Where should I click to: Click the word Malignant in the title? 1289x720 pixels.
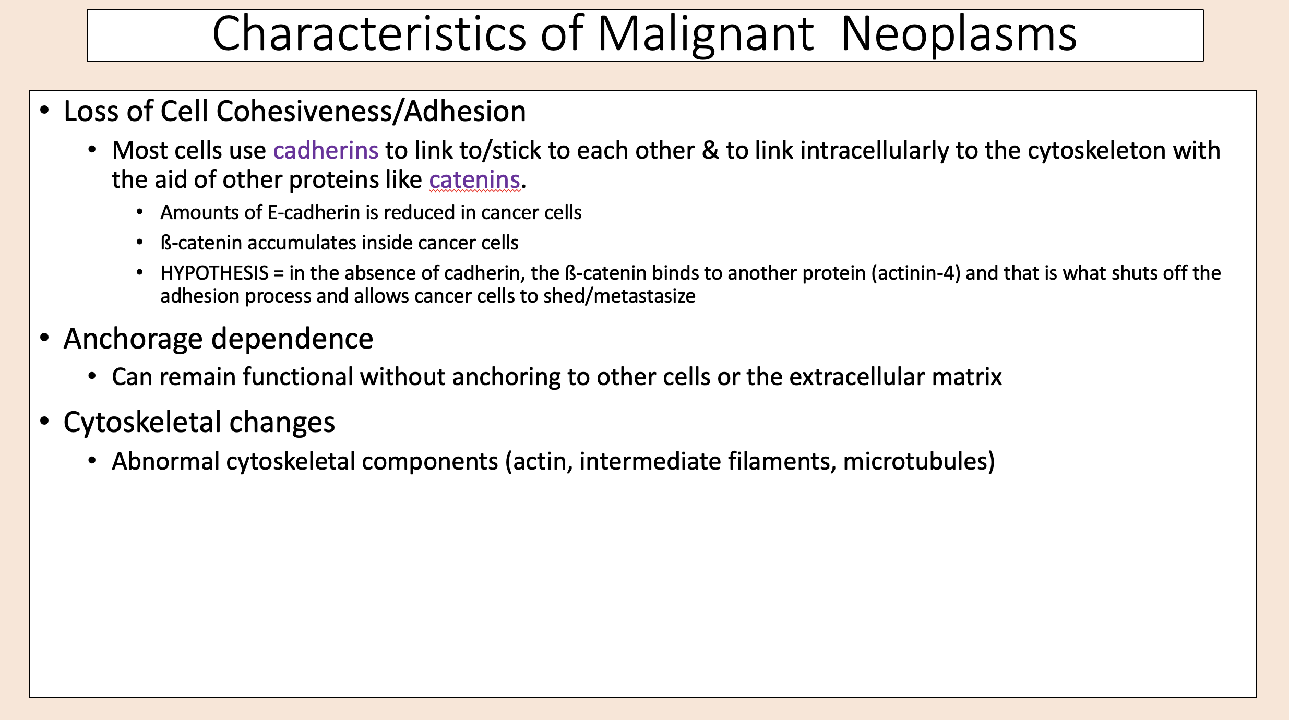[x=706, y=35]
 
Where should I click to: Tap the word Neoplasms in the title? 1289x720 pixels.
[x=959, y=34]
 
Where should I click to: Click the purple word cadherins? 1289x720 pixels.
[x=326, y=150]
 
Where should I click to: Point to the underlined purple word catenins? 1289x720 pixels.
[x=474, y=180]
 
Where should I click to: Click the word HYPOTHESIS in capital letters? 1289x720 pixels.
[x=214, y=273]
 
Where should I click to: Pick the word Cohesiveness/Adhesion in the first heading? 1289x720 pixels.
[x=371, y=111]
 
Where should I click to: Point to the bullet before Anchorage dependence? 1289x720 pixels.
[x=45, y=338]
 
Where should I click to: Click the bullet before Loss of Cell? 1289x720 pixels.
[x=45, y=110]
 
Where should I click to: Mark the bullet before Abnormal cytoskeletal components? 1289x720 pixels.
[x=92, y=460]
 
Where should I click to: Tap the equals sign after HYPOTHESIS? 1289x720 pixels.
[x=279, y=273]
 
